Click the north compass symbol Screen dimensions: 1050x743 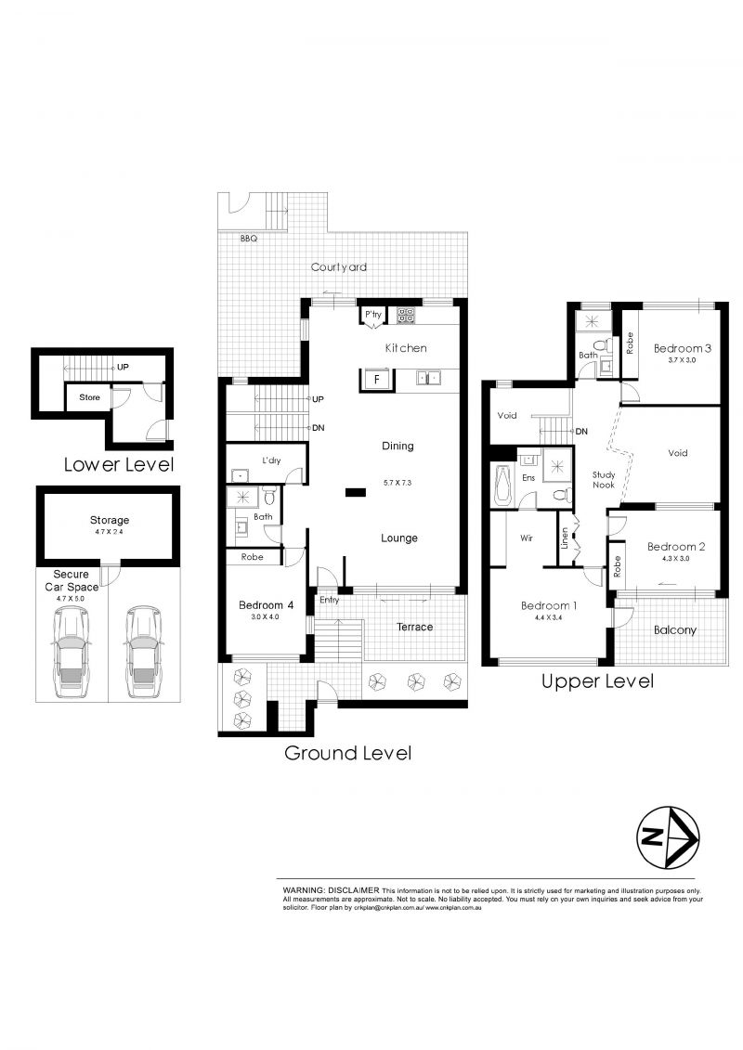tap(667, 837)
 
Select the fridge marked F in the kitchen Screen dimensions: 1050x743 tap(375, 379)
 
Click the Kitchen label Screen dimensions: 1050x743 tap(406, 348)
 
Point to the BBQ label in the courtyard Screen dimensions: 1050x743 tap(248, 239)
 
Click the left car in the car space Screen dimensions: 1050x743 tap(72, 653)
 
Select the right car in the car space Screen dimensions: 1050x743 tap(143, 653)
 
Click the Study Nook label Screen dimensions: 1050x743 tap(604, 480)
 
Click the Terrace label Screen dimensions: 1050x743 tap(414, 627)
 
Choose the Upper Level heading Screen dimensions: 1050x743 tap(597, 681)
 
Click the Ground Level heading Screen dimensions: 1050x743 tap(347, 753)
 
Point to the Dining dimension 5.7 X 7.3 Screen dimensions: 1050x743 tap(398, 482)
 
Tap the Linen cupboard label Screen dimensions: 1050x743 tap(565, 538)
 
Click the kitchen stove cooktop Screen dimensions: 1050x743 tap(406, 316)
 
